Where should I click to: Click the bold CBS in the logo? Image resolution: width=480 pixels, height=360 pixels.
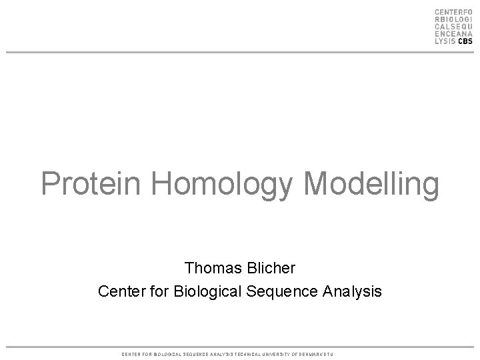coord(464,40)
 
